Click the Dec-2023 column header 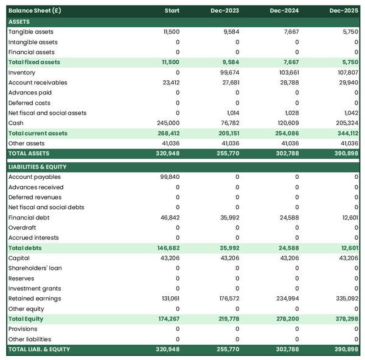(x=228, y=11)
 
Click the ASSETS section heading (x=19, y=22)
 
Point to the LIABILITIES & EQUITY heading (x=37, y=167)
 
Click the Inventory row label (x=22, y=72)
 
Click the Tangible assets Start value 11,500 (x=171, y=32)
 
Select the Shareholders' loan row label (x=35, y=268)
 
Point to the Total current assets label (x=38, y=133)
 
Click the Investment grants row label (x=35, y=288)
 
